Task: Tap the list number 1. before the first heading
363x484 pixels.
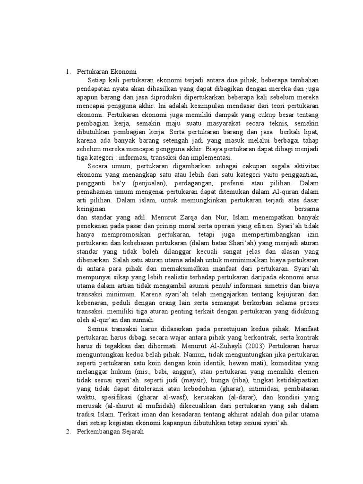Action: pos(68,72)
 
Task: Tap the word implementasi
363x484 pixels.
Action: pos(215,157)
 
